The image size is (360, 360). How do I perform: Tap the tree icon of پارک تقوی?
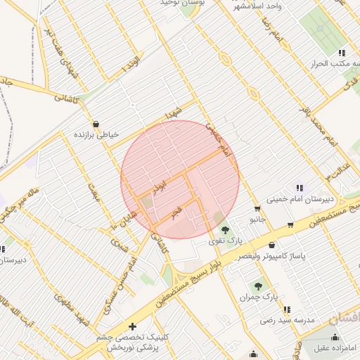[x=225, y=229]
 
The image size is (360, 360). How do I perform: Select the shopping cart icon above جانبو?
[x=257, y=209]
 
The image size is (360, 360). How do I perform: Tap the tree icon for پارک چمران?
[x=258, y=286]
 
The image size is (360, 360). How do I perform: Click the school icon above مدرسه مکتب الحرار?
[x=342, y=53]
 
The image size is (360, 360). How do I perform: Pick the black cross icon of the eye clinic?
[x=132, y=326]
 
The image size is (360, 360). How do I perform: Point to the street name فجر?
[x=174, y=212]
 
